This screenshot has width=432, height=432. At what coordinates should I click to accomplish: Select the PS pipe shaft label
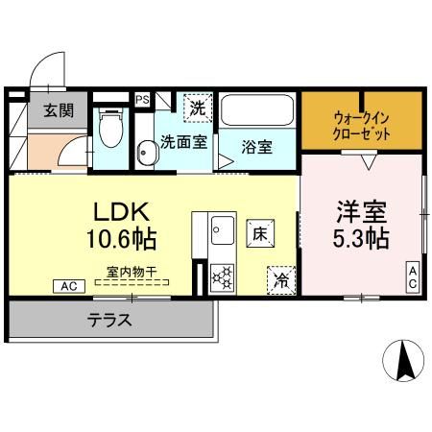[142, 98]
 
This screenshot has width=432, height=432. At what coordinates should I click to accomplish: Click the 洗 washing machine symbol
[196, 108]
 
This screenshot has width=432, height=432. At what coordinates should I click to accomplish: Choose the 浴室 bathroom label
[256, 148]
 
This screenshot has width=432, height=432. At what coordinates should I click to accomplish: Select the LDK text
[120, 210]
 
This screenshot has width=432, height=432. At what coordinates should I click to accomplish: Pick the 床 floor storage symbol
[259, 231]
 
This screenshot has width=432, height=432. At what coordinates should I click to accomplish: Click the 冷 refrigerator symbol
[281, 278]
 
